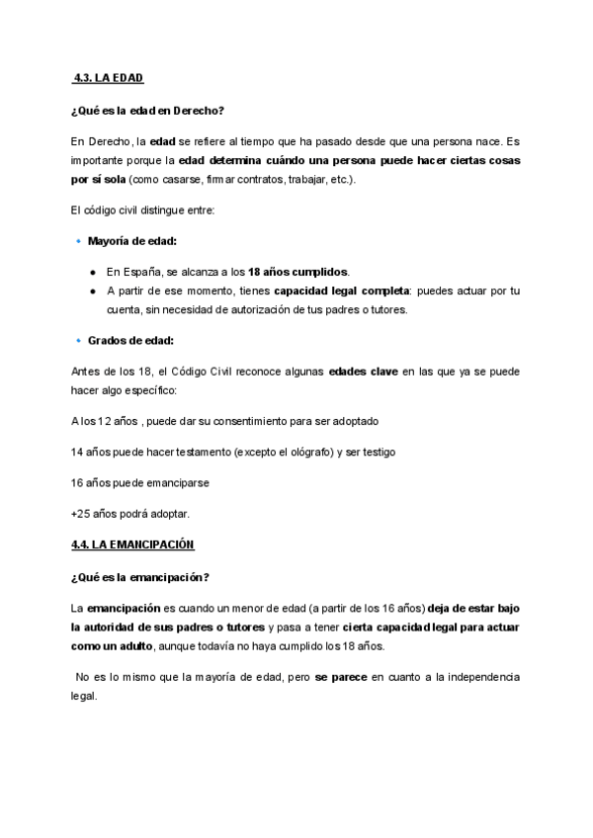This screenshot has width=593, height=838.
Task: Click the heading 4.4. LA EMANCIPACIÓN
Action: pos(132,544)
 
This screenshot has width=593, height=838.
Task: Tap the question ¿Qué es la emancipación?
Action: pos(140,576)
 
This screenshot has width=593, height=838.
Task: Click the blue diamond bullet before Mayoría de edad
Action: pos(78,240)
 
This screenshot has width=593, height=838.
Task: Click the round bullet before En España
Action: pos(92,272)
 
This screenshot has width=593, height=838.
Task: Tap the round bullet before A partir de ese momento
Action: pos(92,291)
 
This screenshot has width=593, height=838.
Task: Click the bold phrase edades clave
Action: pos(362,372)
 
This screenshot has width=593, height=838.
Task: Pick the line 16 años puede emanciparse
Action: pos(140,483)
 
